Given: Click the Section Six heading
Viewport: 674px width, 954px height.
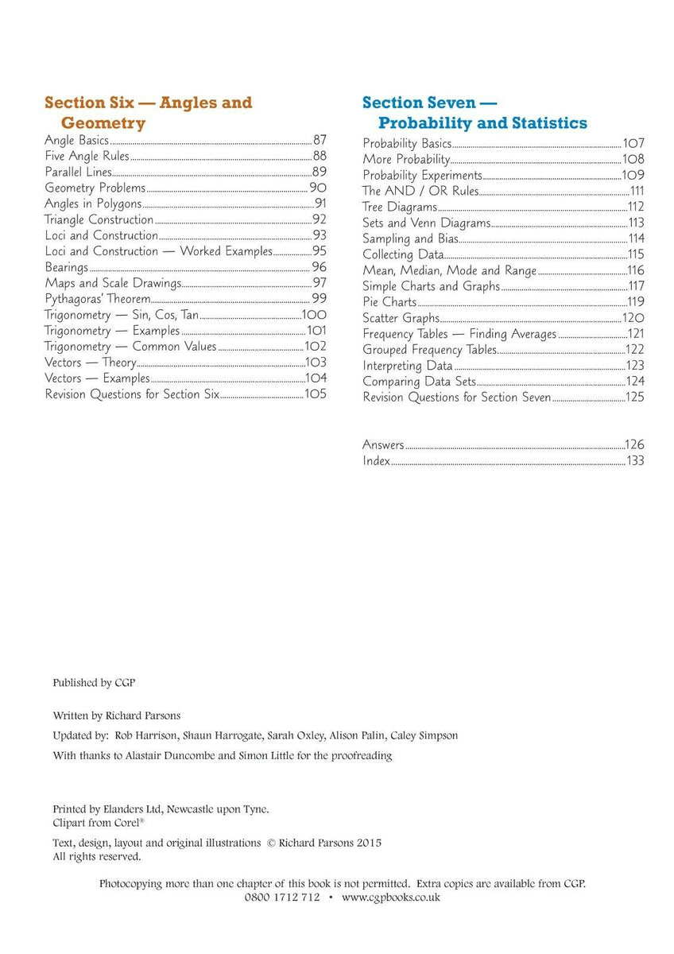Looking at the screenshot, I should point(148,112).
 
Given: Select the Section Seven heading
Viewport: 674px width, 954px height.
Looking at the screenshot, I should point(475,112).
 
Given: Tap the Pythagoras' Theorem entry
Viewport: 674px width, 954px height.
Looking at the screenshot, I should point(97,299).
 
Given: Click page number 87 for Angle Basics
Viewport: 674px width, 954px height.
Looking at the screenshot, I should point(320,140).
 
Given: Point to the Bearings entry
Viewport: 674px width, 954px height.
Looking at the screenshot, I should point(66,267).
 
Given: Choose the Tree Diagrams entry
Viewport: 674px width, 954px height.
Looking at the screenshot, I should point(400,207).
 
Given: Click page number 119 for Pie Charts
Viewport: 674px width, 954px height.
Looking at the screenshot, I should point(635,302).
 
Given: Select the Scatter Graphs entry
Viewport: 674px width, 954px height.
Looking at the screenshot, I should point(401,318).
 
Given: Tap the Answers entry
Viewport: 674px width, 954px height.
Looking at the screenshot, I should point(383,445).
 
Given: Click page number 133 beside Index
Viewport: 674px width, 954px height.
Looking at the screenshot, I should point(635,461).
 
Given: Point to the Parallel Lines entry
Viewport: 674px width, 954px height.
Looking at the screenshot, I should point(78,172).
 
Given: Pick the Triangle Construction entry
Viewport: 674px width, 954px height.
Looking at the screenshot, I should point(99,219).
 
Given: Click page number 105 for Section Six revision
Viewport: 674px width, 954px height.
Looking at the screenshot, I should point(316,394).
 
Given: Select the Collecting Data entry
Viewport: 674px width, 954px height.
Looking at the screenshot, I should point(403,254).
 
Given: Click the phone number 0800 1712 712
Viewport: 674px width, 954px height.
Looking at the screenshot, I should point(282,898).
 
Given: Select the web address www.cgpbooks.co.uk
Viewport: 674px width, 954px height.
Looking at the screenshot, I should point(391,898).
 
